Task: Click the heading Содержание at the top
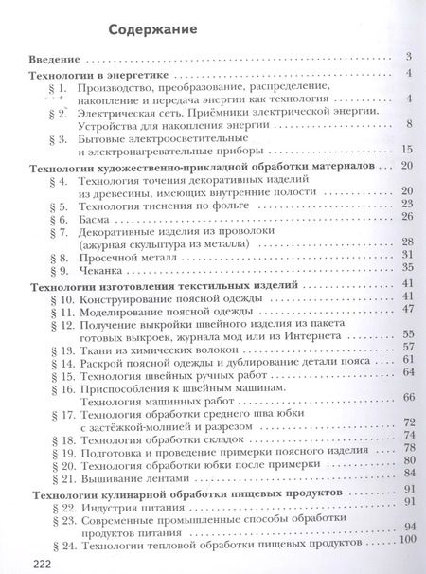coord(152,28)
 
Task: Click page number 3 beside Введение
coord(406,58)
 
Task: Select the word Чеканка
coord(98,269)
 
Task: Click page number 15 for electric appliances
coord(407,150)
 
